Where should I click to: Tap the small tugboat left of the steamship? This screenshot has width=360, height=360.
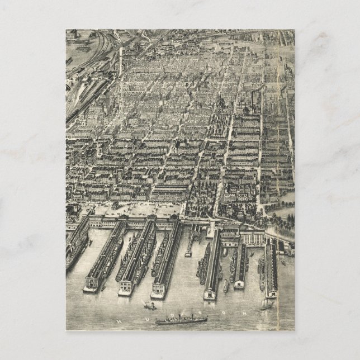point(150,306)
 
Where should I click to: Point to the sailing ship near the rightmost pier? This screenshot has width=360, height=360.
point(267,305)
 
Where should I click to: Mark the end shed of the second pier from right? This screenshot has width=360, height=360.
point(239,283)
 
